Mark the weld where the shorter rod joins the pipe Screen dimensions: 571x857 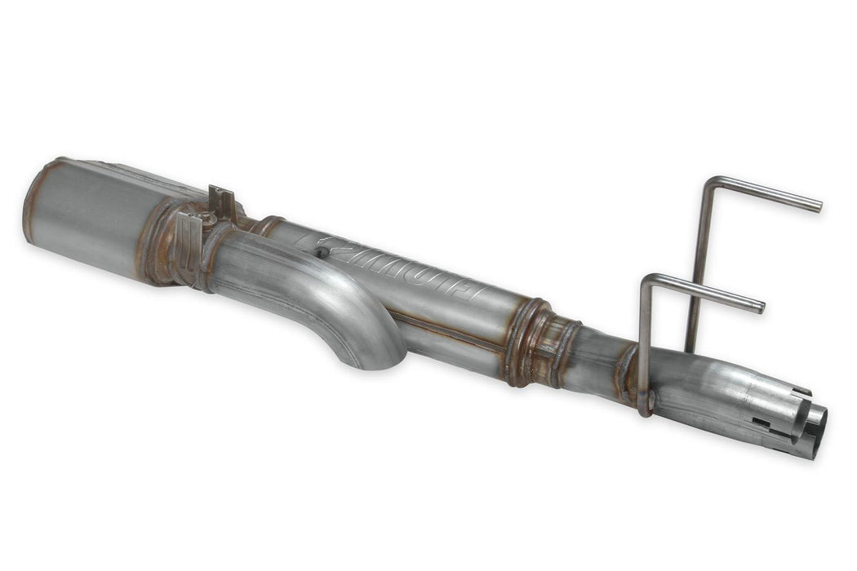[645, 405]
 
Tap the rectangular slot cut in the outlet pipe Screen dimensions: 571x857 [762, 423]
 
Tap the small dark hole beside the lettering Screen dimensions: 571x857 [322, 254]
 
